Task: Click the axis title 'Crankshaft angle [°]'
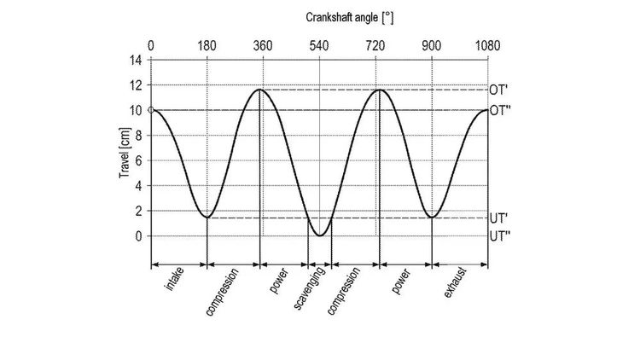pos(349,17)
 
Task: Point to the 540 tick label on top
pos(319,44)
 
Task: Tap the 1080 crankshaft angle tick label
pos(487,44)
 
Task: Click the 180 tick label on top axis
pos(207,44)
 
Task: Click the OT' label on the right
pos(500,90)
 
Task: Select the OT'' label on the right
pos(500,111)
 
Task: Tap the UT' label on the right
pos(500,218)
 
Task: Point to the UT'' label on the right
pos(500,236)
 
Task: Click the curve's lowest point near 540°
pos(319,235)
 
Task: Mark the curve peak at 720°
pos(376,90)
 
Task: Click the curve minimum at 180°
pos(207,217)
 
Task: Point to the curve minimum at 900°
pos(432,217)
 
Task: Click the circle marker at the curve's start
pos(151,110)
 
